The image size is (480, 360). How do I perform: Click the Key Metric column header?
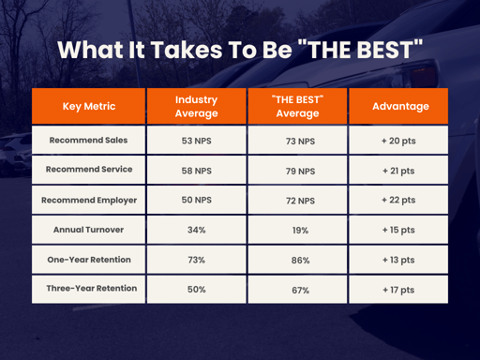[x=89, y=106]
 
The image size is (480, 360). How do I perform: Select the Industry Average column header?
[x=196, y=106]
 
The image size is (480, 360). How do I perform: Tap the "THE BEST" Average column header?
[x=297, y=106]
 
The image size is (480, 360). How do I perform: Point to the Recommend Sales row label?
[x=90, y=141]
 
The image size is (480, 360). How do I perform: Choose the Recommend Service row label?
[x=90, y=170]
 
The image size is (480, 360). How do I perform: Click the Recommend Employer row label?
[x=90, y=200]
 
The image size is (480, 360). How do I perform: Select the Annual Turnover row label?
[x=90, y=230]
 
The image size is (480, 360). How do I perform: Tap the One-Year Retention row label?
[x=90, y=259]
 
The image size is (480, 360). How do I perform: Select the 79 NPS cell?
[x=297, y=172]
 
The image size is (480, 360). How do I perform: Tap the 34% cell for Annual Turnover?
[x=196, y=231]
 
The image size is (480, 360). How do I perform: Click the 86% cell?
[x=297, y=261]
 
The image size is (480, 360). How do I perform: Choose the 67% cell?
[x=297, y=291]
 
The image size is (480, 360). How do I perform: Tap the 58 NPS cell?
[x=196, y=172]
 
